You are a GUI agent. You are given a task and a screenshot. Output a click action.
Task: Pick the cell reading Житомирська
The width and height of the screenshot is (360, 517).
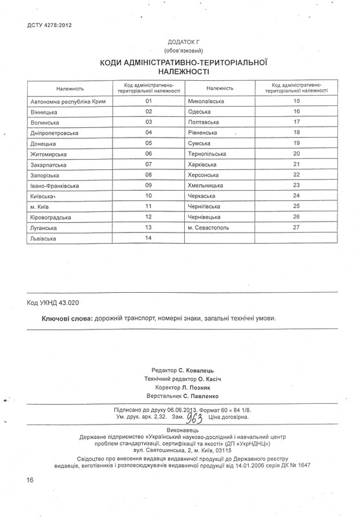48,153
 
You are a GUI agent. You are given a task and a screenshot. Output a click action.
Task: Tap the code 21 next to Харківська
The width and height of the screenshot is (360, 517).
297,164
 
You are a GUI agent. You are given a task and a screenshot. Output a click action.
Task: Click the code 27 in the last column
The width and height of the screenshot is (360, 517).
297,227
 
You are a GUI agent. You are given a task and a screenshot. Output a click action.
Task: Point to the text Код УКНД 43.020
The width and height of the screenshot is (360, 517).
54,302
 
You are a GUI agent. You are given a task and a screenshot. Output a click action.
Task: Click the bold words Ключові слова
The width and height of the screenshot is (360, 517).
67,319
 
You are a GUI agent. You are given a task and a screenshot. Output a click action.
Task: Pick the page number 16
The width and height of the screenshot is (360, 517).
30,498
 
